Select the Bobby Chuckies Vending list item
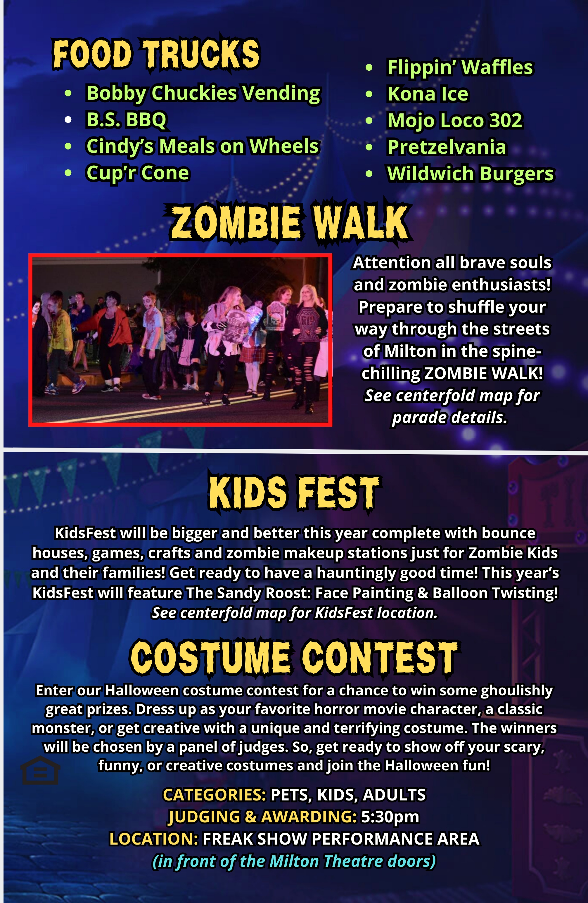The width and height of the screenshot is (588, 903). [x=203, y=93]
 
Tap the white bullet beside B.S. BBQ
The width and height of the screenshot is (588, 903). [x=68, y=120]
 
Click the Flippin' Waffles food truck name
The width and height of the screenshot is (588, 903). [x=460, y=68]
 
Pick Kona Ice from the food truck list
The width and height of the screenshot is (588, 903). [x=428, y=94]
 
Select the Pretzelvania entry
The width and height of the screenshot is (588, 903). [x=447, y=147]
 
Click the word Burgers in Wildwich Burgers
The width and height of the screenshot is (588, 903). [x=517, y=174]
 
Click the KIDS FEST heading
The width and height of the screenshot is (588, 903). [x=295, y=493]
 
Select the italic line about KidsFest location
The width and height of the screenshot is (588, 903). [x=295, y=613]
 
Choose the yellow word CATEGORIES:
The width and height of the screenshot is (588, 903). [x=215, y=795]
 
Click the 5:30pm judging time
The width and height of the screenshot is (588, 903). [x=390, y=817]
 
